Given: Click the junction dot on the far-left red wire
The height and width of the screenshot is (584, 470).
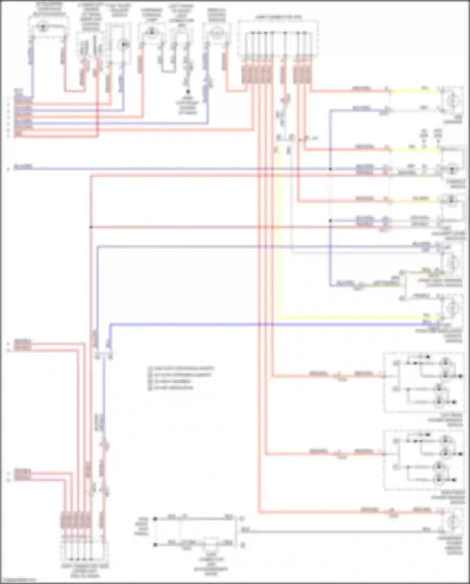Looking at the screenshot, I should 91,227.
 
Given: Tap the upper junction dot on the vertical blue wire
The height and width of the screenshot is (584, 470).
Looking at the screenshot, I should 330,169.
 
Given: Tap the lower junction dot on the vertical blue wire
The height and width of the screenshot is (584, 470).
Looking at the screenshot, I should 330,221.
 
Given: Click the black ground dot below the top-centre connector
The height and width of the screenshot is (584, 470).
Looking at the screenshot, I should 188,92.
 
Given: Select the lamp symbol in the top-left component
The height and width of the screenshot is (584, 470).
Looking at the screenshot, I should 42,27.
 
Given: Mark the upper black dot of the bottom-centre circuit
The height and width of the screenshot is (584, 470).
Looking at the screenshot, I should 155,519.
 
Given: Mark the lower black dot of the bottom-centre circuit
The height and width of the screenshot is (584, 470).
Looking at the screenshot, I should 155,545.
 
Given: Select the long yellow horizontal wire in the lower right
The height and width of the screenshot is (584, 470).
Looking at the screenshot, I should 357,318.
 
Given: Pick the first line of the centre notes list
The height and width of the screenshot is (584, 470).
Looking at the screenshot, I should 182,368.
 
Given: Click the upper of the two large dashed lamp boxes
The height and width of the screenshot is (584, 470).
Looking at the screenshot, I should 424,382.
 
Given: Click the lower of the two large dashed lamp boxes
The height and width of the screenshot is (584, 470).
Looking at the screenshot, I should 424,460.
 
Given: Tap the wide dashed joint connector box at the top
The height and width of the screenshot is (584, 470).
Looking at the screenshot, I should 278,39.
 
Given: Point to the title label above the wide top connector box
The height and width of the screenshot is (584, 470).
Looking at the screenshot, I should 279,17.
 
